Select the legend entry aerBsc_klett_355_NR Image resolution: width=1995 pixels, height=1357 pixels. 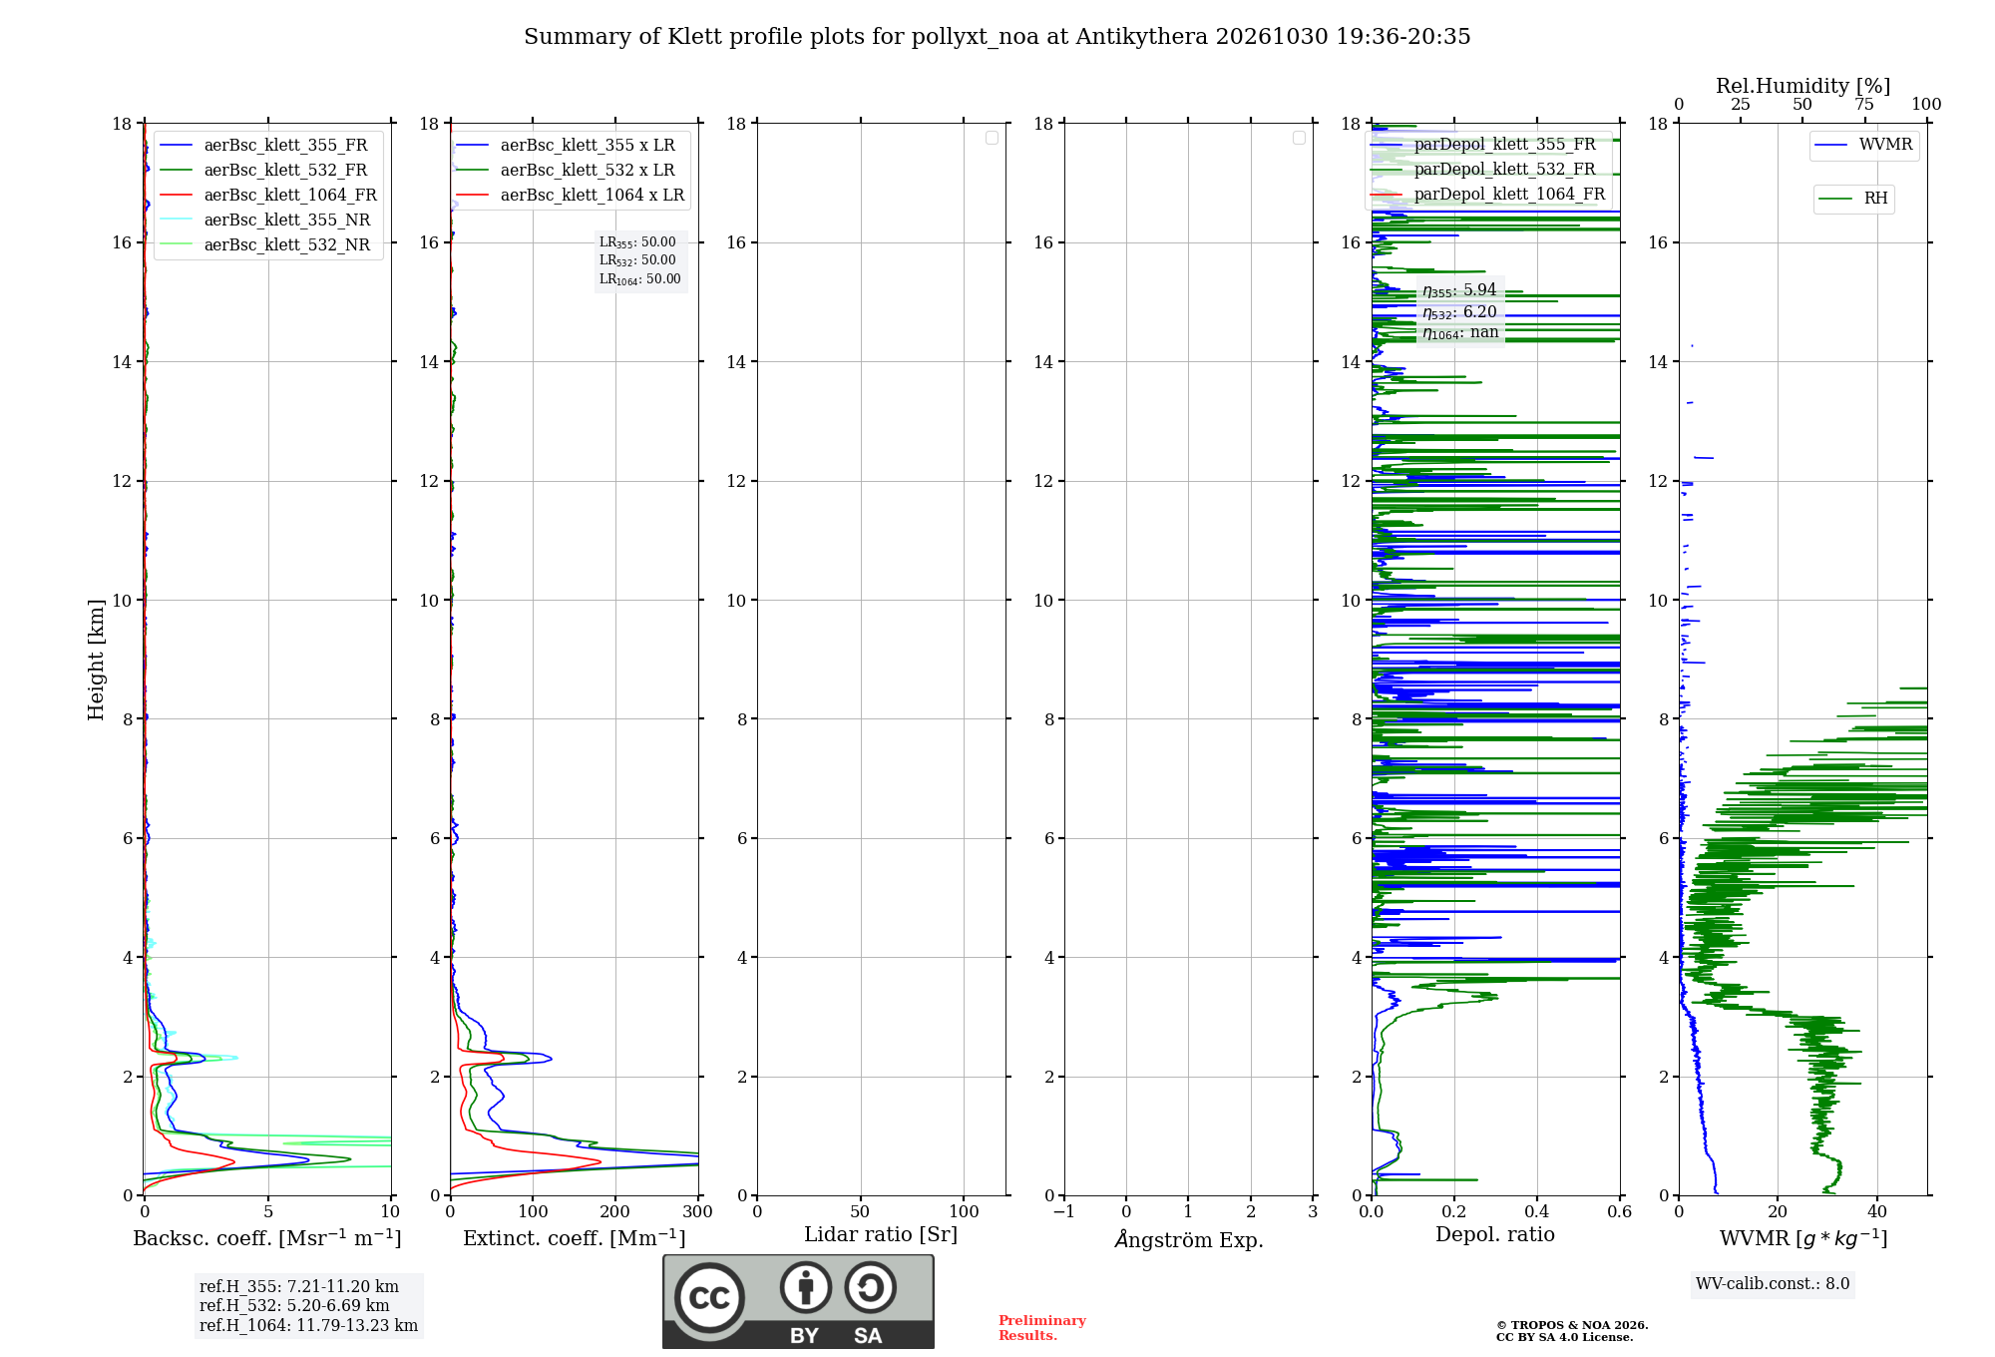point(265,220)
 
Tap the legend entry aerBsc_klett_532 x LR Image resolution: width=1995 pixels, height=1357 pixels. point(566,170)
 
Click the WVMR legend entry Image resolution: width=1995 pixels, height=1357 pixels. point(1863,145)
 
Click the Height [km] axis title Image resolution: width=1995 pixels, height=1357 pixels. point(96,660)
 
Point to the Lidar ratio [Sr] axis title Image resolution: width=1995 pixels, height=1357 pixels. point(881,1234)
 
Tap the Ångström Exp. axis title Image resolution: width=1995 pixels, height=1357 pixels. point(1189,1239)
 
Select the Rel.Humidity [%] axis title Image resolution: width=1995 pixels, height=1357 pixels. point(1803,86)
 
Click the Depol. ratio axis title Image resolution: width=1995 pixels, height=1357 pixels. point(1495,1234)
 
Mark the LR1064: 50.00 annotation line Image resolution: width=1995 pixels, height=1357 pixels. point(640,279)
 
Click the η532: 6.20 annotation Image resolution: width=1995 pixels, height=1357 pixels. point(1459,312)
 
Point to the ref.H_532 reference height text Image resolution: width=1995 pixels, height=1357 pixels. point(294,1306)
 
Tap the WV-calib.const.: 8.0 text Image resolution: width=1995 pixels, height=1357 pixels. point(1773,1284)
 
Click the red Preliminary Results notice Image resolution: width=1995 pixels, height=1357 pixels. point(1042,1328)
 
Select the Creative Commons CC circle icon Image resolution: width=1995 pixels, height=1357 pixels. point(709,1298)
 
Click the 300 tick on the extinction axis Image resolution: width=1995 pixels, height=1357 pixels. point(698,1211)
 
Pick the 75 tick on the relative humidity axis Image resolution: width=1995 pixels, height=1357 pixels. point(1864,104)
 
